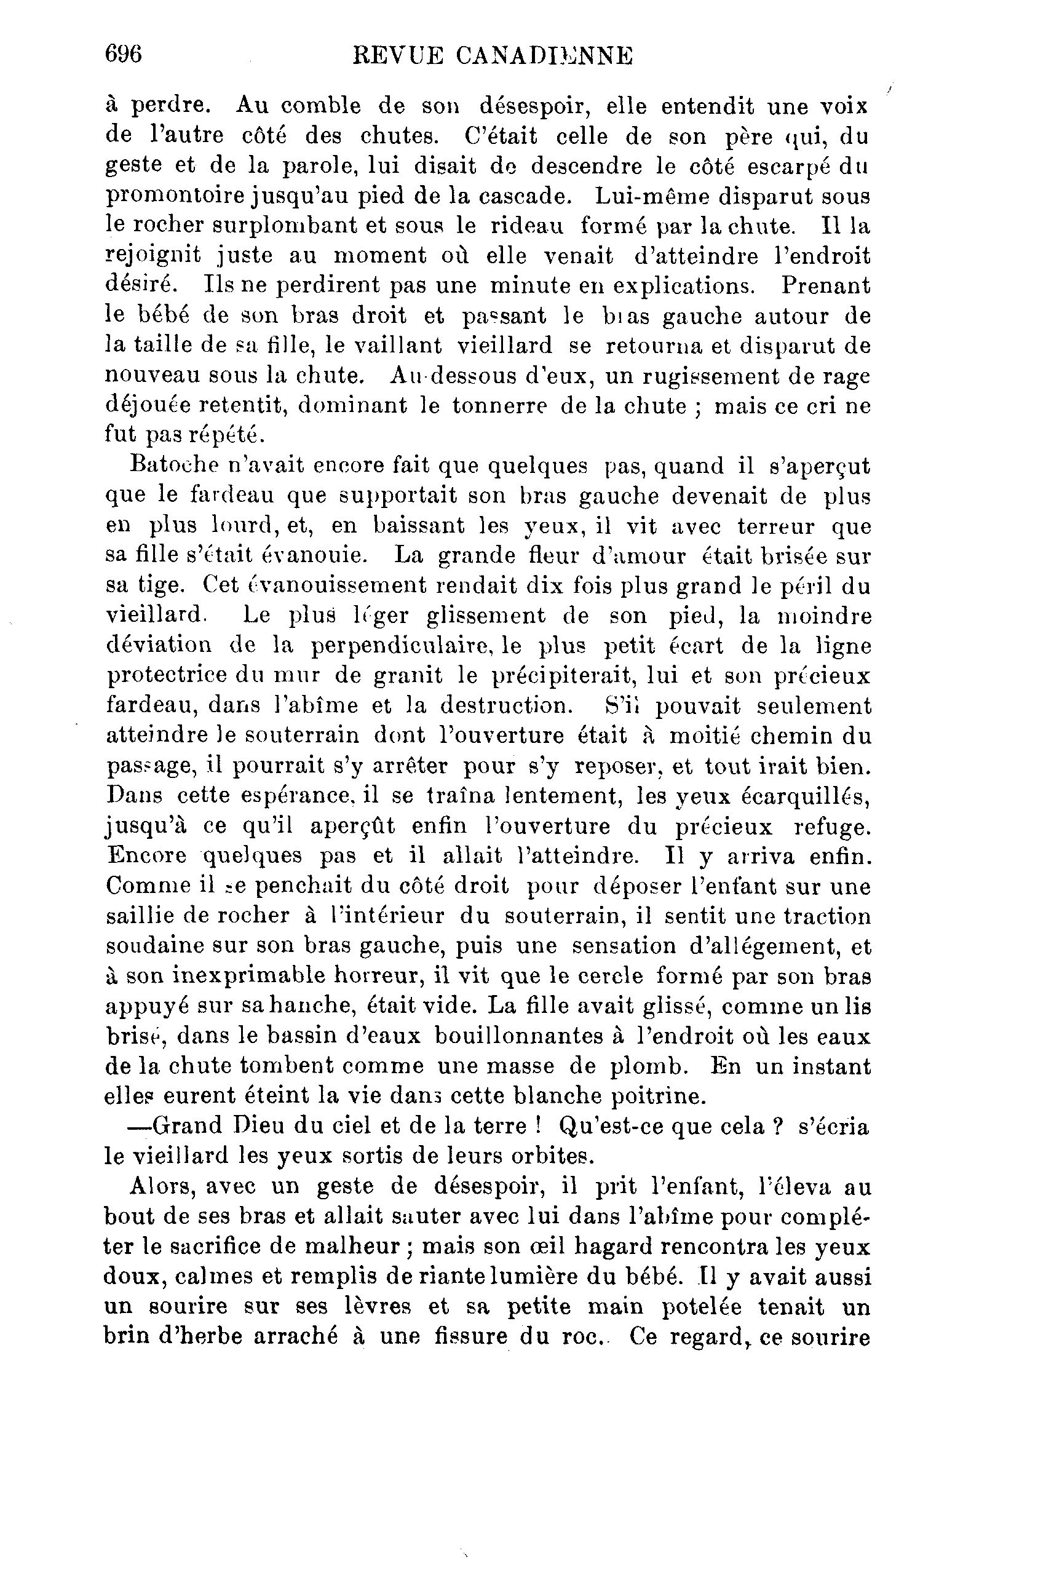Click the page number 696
pos(124,55)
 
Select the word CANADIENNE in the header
pos(544,57)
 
